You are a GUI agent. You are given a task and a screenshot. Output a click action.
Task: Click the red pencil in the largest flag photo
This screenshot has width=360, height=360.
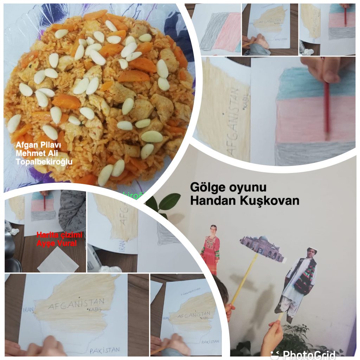(327, 109)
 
